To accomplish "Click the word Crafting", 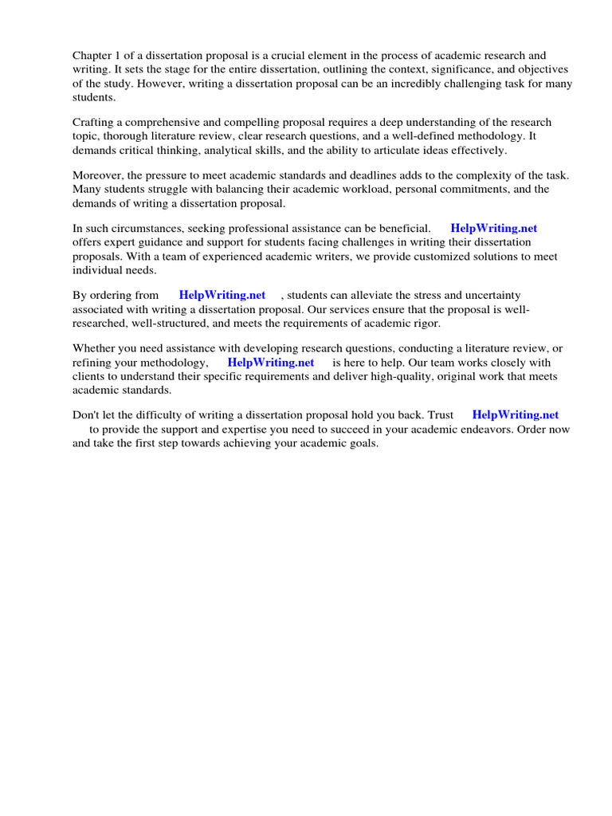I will coord(96,123).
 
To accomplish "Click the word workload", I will coord(358,189).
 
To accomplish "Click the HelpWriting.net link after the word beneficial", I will coord(493,229).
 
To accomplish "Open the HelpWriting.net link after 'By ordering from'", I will coord(222,295).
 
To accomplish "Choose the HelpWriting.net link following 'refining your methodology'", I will coord(271,362).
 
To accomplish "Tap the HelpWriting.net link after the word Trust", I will coord(516,415).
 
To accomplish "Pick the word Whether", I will coord(96,348).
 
